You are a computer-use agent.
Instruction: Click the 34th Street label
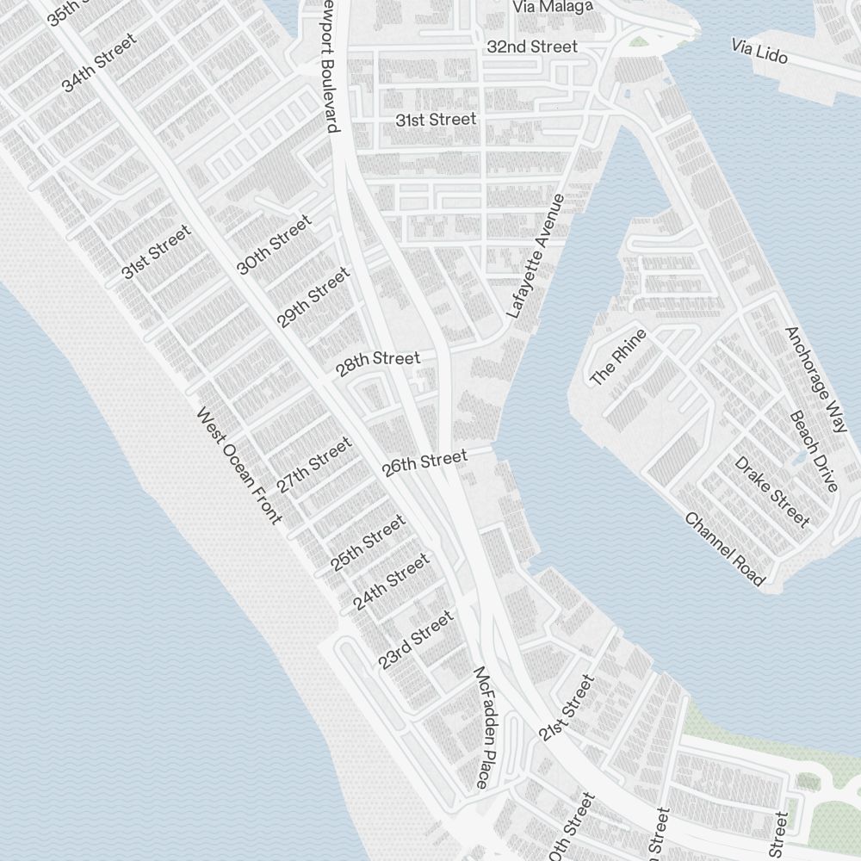click(99, 62)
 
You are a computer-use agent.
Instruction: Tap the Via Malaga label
click(553, 7)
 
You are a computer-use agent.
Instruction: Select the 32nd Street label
click(532, 46)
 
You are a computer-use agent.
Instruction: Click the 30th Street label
click(274, 246)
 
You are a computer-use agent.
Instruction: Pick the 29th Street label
click(313, 297)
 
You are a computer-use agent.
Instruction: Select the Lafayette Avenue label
click(536, 257)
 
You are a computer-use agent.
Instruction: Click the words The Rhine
click(617, 356)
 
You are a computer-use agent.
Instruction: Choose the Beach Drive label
click(814, 451)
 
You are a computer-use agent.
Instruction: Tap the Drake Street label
click(772, 491)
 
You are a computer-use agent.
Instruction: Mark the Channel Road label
click(725, 548)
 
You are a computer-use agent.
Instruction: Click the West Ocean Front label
click(239, 465)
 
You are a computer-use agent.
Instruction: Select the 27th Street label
click(314, 465)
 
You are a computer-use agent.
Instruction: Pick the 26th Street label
click(424, 462)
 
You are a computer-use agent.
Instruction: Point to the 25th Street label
click(368, 542)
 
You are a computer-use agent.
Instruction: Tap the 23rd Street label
click(415, 641)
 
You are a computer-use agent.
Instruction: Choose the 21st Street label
click(567, 709)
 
